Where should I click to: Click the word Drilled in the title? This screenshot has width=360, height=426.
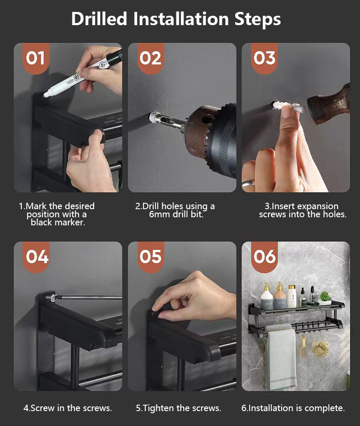pyautogui.click(x=99, y=19)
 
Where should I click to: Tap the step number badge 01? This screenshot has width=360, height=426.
pyautogui.click(x=36, y=58)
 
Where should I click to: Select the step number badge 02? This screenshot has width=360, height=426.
pyautogui.click(x=150, y=58)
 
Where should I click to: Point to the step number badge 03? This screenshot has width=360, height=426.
pyautogui.click(x=265, y=58)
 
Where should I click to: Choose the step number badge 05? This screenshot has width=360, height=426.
pyautogui.click(x=150, y=257)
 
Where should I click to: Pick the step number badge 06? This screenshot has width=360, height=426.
pyautogui.click(x=265, y=257)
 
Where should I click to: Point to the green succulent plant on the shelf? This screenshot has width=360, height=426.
pyautogui.click(x=325, y=296)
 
